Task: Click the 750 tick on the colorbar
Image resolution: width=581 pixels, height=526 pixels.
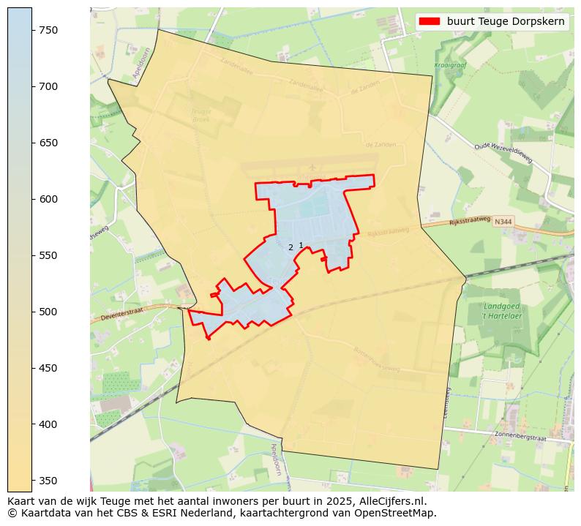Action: click(48, 30)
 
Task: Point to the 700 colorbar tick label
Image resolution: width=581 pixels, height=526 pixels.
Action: click(48, 86)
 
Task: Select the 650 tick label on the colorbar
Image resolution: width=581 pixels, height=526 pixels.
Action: click(48, 143)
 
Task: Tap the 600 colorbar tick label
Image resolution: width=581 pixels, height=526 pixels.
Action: click(48, 199)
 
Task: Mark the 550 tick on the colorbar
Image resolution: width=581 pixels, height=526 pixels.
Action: click(48, 255)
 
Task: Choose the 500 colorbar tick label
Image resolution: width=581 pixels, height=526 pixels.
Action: click(48, 312)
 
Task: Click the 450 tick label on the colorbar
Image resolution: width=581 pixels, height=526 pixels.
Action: click(48, 368)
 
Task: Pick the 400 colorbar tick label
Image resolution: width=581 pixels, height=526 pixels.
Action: click(48, 424)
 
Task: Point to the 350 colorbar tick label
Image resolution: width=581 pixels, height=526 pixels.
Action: click(48, 481)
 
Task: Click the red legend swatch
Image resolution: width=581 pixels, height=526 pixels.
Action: click(430, 21)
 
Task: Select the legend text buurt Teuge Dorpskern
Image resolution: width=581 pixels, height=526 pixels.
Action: click(506, 21)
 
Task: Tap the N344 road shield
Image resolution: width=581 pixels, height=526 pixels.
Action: click(503, 222)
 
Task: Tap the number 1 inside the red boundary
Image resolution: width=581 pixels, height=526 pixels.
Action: click(301, 246)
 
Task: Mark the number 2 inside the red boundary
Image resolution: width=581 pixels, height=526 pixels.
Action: click(290, 248)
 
